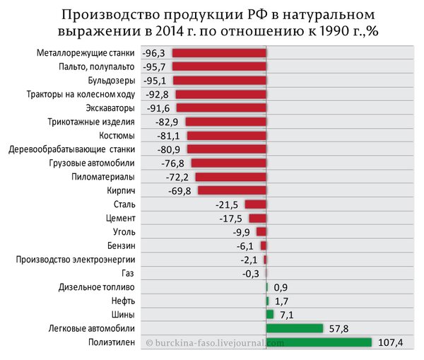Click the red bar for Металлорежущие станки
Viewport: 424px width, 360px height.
(x=219, y=53)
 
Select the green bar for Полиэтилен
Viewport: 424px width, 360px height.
(x=319, y=342)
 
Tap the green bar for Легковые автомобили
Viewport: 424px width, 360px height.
(x=295, y=328)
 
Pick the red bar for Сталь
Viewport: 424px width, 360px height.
(x=256, y=204)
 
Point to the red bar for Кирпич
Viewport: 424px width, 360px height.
(x=232, y=190)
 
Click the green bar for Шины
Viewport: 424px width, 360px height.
(x=270, y=315)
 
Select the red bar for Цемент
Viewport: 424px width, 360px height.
(x=258, y=218)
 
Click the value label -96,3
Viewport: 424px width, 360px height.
(x=153, y=53)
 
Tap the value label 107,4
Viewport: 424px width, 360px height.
(x=390, y=343)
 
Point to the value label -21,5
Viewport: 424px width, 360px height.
(x=227, y=205)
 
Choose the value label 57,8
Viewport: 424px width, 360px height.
(x=338, y=329)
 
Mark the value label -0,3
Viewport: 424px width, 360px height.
(x=250, y=274)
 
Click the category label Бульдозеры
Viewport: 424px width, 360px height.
(x=112, y=81)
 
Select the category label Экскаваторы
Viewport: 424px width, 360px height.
(x=110, y=108)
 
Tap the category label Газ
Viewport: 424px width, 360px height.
(x=128, y=274)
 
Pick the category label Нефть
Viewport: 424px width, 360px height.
(x=123, y=301)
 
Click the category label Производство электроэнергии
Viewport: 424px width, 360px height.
(x=76, y=260)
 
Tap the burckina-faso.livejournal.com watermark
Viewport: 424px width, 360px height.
(x=215, y=343)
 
